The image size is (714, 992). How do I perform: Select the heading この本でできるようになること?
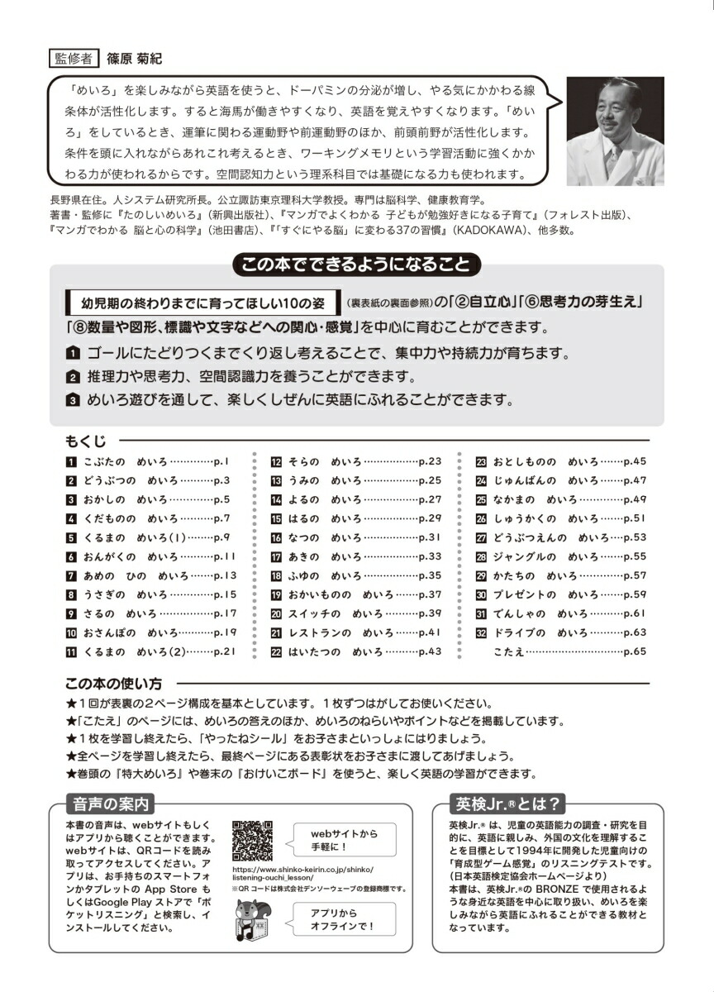pyautogui.click(x=357, y=265)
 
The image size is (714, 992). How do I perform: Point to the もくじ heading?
pyautogui.click(x=85, y=441)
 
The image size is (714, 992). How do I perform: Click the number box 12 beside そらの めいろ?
pyautogui.click(x=277, y=461)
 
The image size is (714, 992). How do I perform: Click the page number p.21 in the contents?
pyautogui.click(x=225, y=651)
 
